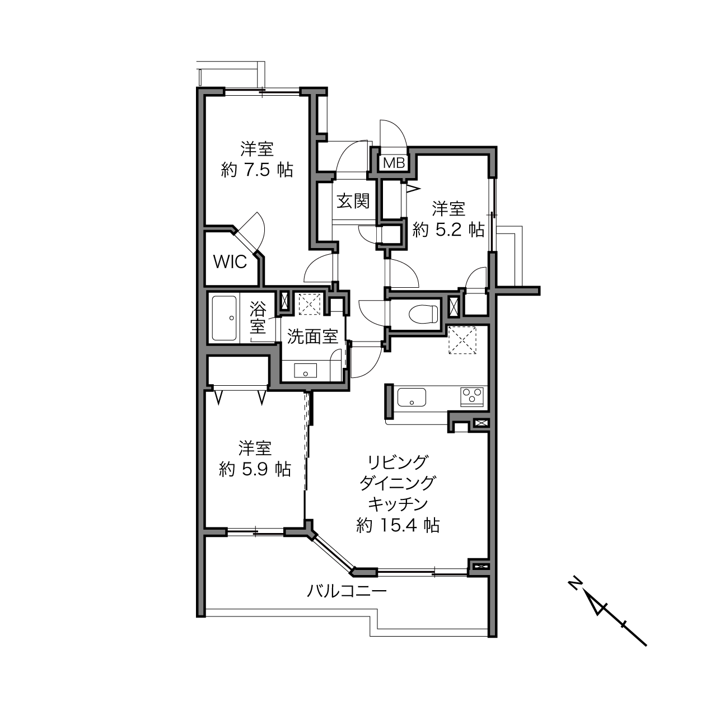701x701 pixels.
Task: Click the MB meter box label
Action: tap(394, 163)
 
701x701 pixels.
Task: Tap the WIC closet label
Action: tap(230, 262)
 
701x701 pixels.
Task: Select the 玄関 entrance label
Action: tap(353, 201)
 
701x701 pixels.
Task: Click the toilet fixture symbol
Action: tap(423, 313)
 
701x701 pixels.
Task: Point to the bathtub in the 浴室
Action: tap(224, 318)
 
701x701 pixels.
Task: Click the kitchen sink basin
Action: tap(412, 397)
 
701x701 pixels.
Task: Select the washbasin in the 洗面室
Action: tap(305, 370)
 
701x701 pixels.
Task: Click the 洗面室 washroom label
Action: tap(312, 337)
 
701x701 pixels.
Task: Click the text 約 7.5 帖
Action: tap(257, 169)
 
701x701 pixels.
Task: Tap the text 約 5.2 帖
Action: tap(448, 230)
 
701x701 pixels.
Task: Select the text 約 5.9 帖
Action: tap(255, 470)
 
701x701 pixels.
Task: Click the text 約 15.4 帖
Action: tap(398, 525)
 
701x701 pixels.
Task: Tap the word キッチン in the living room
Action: tap(398, 504)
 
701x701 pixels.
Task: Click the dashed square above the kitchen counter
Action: tap(462, 340)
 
